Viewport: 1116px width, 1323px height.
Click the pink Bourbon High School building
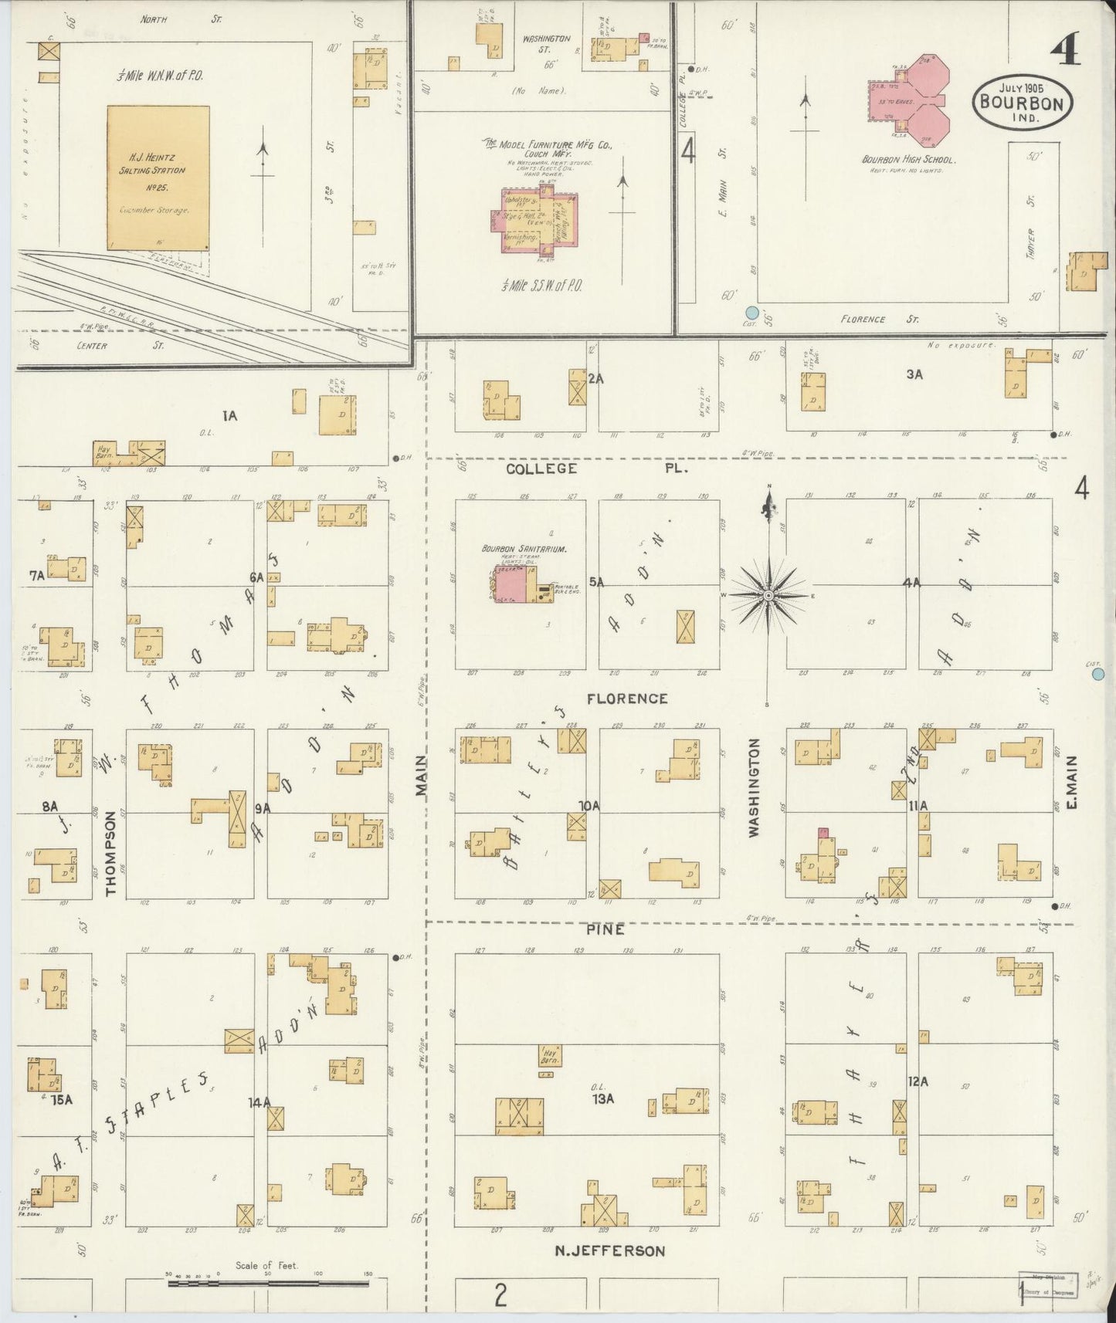[x=920, y=100]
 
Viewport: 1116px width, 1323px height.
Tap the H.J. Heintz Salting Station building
[x=158, y=178]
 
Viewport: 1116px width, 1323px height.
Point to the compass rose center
[x=769, y=596]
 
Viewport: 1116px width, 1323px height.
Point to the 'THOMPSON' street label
[x=111, y=853]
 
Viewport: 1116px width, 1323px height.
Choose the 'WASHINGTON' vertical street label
[x=754, y=787]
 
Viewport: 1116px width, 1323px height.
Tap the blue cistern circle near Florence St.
[x=751, y=313]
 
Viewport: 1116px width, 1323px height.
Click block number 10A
[x=590, y=806]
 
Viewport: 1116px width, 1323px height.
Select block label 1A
[x=229, y=416]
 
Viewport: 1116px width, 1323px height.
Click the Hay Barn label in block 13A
[x=550, y=1055]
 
